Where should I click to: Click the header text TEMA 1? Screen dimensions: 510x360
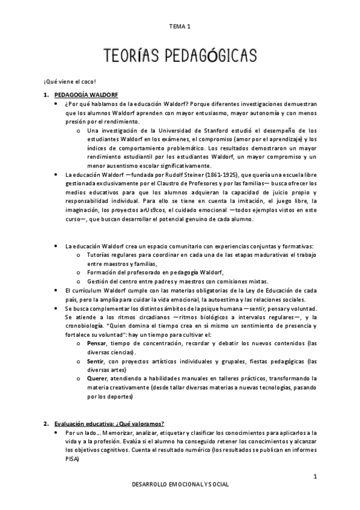(x=180, y=26)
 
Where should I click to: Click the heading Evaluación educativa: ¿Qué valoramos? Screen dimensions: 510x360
(x=109, y=423)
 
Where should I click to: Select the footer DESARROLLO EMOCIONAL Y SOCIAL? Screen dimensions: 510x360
(x=180, y=484)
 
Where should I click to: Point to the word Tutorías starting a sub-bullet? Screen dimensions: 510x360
(x=100, y=255)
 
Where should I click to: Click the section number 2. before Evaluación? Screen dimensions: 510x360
(x=44, y=423)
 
